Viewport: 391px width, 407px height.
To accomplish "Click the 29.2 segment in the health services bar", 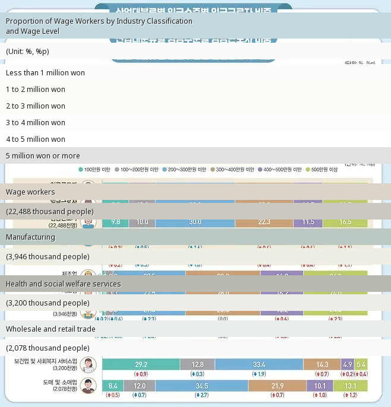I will [x=141, y=364].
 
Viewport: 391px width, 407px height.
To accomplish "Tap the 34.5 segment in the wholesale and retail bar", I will [x=201, y=386].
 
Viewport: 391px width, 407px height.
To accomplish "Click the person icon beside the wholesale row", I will [x=89, y=386].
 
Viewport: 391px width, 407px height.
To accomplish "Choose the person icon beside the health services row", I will [x=89, y=365].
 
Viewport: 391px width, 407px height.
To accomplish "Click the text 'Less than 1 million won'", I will [x=45, y=72].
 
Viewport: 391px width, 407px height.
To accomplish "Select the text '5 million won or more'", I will [x=43, y=155].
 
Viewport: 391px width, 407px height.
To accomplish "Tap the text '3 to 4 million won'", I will [x=36, y=122].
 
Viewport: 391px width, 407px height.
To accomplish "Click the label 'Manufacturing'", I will [x=30, y=237].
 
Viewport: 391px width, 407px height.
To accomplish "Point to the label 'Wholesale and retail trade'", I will [x=51, y=329].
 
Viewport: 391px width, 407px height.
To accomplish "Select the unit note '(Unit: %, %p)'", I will [x=27, y=51].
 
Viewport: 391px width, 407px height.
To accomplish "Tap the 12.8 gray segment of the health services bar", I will [x=198, y=364].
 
